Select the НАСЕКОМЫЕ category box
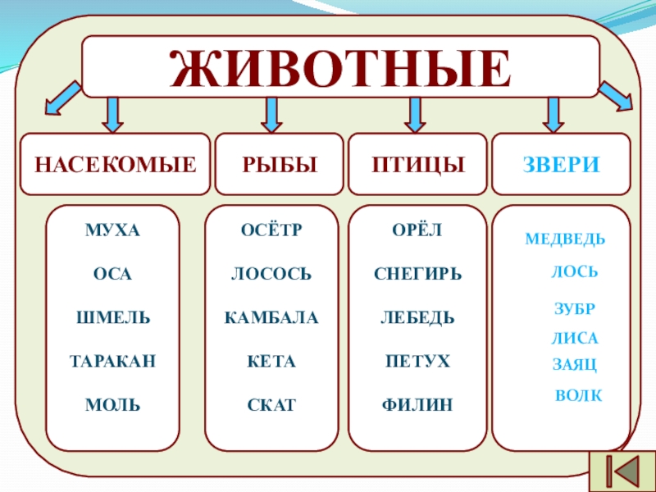115,165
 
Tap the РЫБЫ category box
279,165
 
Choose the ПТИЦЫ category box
418,165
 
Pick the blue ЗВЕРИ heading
562,165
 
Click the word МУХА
112,230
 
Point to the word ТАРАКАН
112,361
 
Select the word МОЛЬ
112,404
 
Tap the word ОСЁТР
271,230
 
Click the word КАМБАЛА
271,317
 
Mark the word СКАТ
271,404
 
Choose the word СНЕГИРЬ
417,274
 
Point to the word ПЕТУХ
417,361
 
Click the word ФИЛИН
417,404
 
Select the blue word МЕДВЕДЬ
565,239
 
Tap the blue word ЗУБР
574,309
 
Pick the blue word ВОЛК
579,396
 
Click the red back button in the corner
624,470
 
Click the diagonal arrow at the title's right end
617,97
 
